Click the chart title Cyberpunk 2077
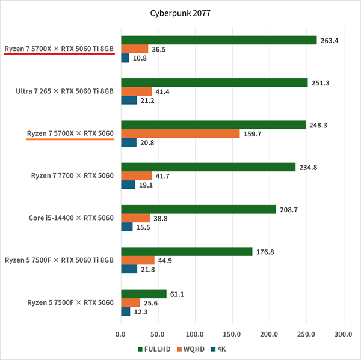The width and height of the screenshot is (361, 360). tap(180, 12)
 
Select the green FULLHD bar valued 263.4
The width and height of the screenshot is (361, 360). tap(218, 40)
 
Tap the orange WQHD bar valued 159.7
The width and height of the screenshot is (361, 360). tap(180, 133)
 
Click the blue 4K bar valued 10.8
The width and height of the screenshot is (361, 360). tap(125, 58)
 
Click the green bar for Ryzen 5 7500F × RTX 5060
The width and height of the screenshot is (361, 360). tap(143, 294)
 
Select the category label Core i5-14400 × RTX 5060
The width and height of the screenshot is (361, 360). tap(71, 218)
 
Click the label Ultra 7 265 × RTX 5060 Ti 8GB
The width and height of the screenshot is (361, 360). tap(66, 91)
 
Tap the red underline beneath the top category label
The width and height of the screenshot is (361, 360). tap(59, 53)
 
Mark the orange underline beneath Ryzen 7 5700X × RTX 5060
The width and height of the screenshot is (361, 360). tap(70, 138)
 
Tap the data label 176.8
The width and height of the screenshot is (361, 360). tap(264, 252)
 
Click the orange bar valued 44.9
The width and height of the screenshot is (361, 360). tap(137, 260)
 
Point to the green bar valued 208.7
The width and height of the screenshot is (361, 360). tap(199, 209)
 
